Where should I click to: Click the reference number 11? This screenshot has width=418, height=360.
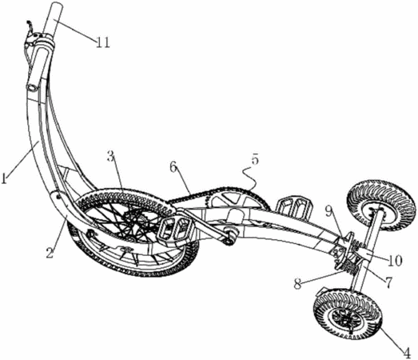pyautogui.click(x=103, y=42)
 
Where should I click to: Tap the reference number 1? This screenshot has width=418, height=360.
pyautogui.click(x=3, y=178)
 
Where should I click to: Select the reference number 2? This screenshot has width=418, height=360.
pyautogui.click(x=50, y=252)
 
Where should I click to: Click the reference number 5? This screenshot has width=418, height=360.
pyautogui.click(x=255, y=160)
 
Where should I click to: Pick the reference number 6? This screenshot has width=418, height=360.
pyautogui.click(x=173, y=167)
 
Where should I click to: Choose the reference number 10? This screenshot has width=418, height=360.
pyautogui.click(x=394, y=261)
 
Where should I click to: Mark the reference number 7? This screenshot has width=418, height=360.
pyautogui.click(x=388, y=282)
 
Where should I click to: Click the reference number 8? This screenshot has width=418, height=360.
pyautogui.click(x=298, y=284)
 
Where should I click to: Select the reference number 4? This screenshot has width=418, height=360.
pyautogui.click(x=406, y=354)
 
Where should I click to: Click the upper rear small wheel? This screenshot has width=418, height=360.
pyautogui.click(x=380, y=206)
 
